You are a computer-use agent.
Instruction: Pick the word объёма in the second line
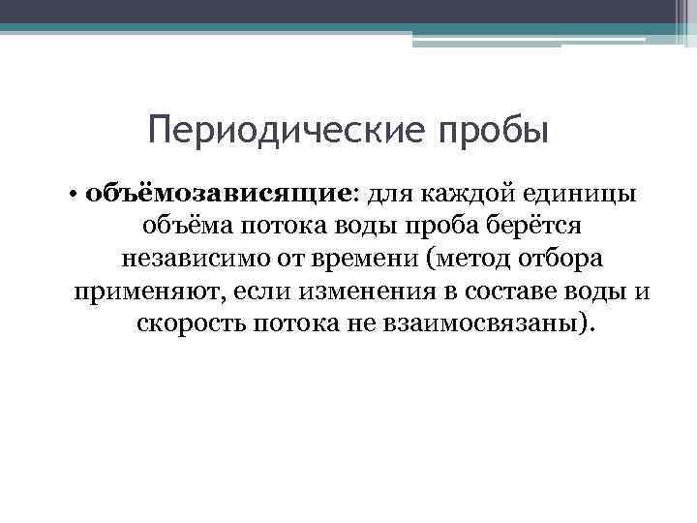181,226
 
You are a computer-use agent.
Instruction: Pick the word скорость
191,323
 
